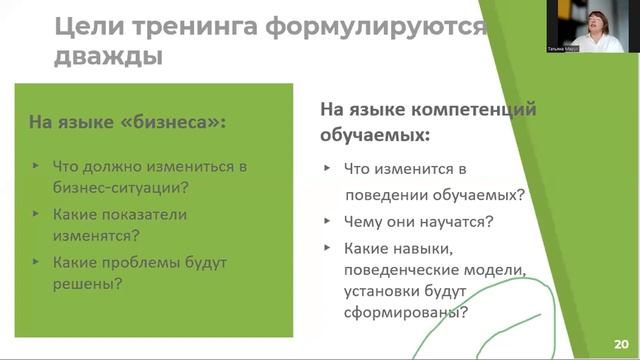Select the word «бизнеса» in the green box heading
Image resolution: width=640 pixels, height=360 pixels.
click(x=175, y=123)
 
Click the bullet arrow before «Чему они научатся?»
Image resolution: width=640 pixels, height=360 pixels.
click(x=327, y=220)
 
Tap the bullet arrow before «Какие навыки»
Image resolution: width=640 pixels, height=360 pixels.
click(x=327, y=249)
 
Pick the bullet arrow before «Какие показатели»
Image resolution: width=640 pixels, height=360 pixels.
click(x=37, y=213)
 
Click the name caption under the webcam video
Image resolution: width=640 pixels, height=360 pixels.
click(x=563, y=48)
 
